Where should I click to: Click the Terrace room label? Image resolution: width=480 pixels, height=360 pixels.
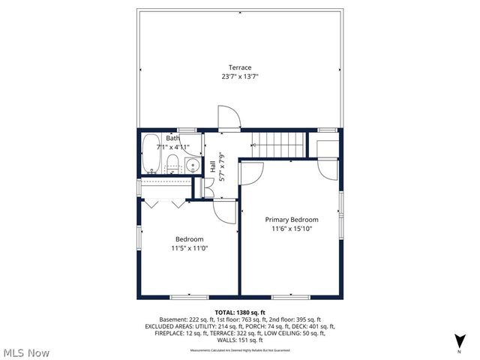[240, 67]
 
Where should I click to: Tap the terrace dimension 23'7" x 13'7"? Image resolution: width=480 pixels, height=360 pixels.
[240, 76]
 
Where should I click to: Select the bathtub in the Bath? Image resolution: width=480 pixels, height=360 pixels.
[150, 154]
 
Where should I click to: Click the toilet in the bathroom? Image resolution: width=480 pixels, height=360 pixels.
[172, 163]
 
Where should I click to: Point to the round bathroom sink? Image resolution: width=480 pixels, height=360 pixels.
[193, 166]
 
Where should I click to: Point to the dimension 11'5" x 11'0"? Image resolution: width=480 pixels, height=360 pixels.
[189, 248]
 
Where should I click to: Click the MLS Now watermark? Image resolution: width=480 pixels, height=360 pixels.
[26, 352]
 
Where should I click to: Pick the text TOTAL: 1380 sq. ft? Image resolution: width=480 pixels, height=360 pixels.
[240, 312]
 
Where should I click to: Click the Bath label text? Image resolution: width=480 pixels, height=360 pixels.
[172, 139]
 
